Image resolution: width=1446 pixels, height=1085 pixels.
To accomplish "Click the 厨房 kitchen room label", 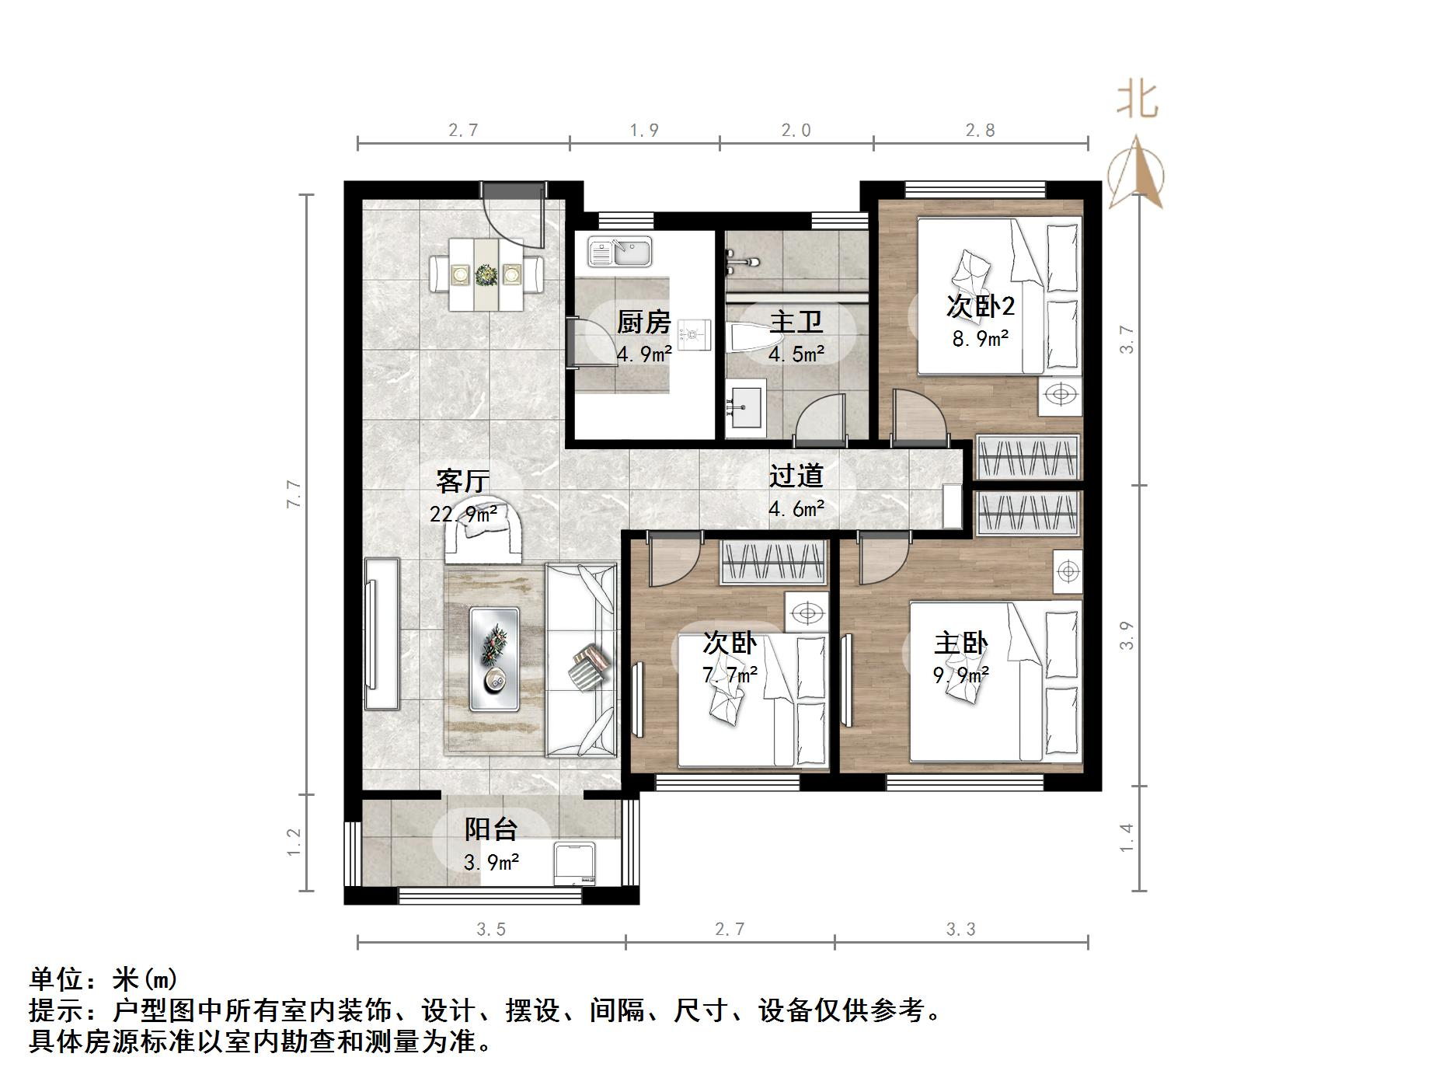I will pos(643,322).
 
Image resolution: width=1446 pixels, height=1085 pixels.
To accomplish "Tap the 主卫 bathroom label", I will pos(796,322).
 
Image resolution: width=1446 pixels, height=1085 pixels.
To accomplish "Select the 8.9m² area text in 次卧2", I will pos(981,338).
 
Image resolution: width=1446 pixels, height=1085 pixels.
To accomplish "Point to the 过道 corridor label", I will pos(796,476).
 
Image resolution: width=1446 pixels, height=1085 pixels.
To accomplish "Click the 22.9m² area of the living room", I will pos(463,514).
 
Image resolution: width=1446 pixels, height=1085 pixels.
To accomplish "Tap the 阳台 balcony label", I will pos(490,829).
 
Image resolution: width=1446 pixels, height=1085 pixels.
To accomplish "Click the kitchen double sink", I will pos(619,252).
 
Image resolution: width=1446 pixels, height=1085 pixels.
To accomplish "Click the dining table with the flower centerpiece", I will pos(487,274).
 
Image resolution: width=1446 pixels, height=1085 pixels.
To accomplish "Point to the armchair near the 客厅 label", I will pos(483,532).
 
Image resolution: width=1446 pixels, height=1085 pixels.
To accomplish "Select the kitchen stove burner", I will pos(693,335).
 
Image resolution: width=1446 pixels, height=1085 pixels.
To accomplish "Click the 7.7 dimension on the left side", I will pos(294,494).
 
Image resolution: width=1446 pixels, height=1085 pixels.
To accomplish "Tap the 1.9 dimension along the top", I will pos(644,131).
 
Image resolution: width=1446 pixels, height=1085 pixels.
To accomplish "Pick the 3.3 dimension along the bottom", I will pos(960,930).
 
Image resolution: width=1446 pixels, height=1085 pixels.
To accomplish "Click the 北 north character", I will pos(1138,100).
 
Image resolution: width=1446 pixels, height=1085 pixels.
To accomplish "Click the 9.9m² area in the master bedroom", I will pos(960,675).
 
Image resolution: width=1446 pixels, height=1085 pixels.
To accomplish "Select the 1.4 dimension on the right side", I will pos(1127,838).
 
